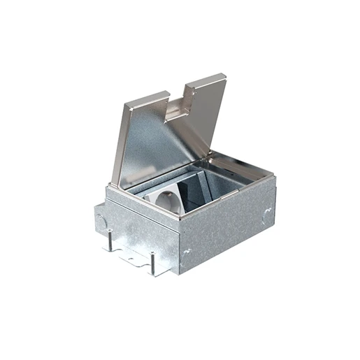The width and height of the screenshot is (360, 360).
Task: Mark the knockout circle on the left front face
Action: (x=103, y=222)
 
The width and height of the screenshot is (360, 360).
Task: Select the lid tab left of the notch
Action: (x=151, y=98)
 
